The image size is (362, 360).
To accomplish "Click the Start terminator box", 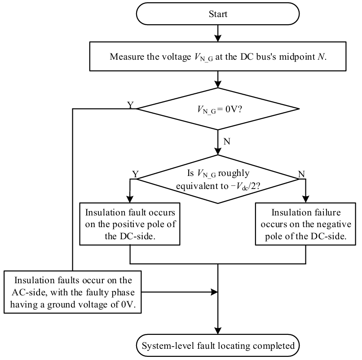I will click(218, 13).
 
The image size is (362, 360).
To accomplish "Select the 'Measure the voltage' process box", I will click(218, 57).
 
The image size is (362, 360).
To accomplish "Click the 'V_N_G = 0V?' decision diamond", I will click(218, 109).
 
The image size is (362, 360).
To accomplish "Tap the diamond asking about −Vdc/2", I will click(218, 179).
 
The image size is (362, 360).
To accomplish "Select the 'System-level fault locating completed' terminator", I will click(218, 346).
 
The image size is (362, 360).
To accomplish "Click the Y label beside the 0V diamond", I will click(130, 105).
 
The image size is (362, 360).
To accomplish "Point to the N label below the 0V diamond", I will click(226, 141).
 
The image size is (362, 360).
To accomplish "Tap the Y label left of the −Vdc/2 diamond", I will click(134, 173).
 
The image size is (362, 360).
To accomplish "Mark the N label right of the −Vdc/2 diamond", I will click(302, 173).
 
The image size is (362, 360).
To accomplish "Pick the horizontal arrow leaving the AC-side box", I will click(180, 292).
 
